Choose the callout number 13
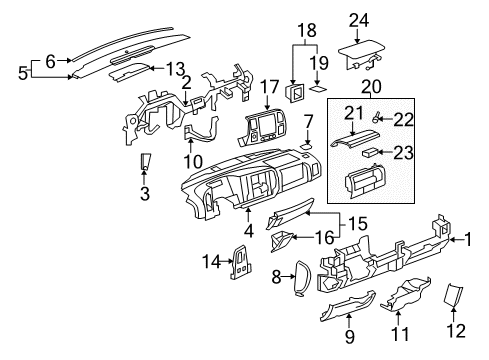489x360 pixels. (x=175, y=68)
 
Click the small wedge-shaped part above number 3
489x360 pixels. (x=146, y=162)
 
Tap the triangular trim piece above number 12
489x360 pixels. (x=454, y=295)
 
